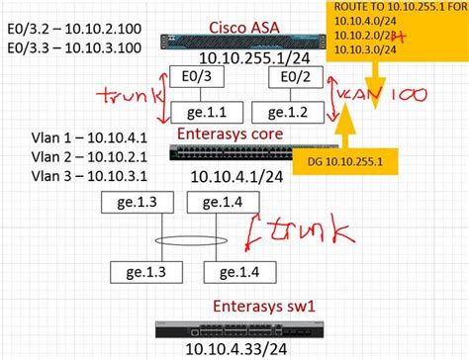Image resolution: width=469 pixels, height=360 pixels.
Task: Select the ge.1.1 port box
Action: coord(194,114)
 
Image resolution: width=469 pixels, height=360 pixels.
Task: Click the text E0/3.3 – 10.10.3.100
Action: coord(64,45)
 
